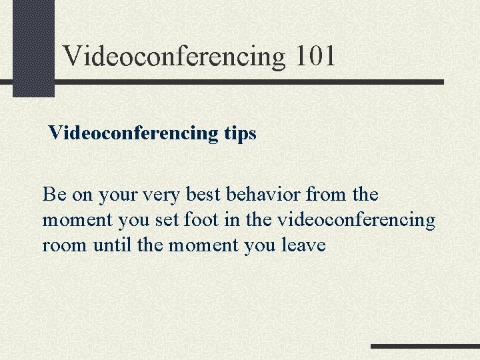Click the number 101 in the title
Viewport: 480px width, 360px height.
click(314, 56)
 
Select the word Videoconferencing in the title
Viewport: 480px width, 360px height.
click(174, 57)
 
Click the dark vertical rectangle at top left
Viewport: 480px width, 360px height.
click(33, 47)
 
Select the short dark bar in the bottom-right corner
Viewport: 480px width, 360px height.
click(424, 347)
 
